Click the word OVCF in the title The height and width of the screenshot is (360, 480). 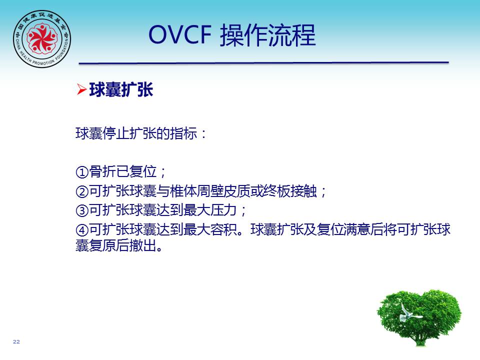[x=180, y=34]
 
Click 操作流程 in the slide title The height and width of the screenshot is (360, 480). [x=267, y=35]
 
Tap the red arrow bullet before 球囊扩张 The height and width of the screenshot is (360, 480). [x=81, y=89]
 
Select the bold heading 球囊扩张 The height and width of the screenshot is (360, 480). [x=121, y=89]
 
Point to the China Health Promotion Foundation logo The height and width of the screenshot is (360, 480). [x=42, y=39]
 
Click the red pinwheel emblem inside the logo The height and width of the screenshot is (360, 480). [x=42, y=38]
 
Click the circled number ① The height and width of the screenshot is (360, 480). [x=82, y=171]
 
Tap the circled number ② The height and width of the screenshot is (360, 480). [x=82, y=191]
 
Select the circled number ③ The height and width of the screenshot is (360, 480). [x=82, y=210]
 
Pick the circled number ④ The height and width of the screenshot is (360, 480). [x=82, y=229]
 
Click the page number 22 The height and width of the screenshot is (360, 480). [x=16, y=341]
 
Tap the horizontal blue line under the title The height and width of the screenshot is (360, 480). [x=264, y=63]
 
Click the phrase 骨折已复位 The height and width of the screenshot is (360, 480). [x=123, y=171]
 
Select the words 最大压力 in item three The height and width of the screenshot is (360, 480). [x=210, y=210]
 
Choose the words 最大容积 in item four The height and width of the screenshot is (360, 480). [x=210, y=229]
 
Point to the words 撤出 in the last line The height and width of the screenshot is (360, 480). [x=142, y=245]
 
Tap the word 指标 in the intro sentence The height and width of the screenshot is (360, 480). [x=183, y=133]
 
